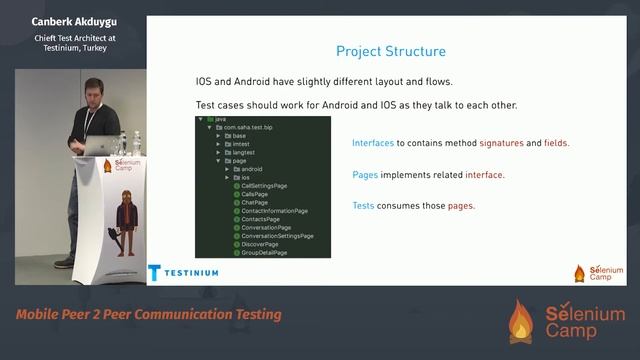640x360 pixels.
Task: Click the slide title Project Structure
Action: click(x=390, y=51)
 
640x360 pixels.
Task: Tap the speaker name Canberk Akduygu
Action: click(x=76, y=20)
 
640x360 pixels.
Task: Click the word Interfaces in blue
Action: click(x=373, y=143)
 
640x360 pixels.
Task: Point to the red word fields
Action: click(x=556, y=143)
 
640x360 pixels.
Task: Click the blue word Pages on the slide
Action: click(x=365, y=175)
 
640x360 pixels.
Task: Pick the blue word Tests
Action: click(x=365, y=206)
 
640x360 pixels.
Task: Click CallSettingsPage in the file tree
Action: click(x=263, y=185)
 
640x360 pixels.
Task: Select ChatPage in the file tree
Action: click(x=254, y=202)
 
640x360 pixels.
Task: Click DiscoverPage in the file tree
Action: click(x=260, y=245)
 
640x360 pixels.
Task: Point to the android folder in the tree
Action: click(x=251, y=169)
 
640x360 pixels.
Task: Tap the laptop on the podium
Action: click(x=100, y=146)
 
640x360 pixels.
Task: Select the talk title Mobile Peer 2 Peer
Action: click(x=148, y=315)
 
